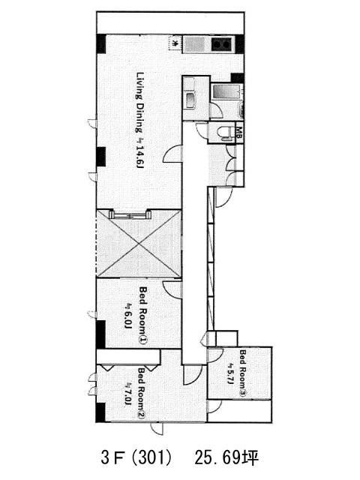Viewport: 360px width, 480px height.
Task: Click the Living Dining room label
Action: click(x=140, y=103)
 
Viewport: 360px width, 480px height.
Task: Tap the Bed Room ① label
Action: click(x=143, y=316)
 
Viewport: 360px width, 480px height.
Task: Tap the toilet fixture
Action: click(x=224, y=133)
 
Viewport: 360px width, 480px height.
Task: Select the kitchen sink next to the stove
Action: click(x=195, y=45)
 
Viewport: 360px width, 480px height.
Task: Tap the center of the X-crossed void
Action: click(x=139, y=244)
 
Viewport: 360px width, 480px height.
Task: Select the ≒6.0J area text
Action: click(x=128, y=316)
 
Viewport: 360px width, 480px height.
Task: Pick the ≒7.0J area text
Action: click(x=128, y=394)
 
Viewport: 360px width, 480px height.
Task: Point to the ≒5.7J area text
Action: click(x=230, y=374)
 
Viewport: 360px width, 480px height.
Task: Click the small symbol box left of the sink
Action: click(x=175, y=43)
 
